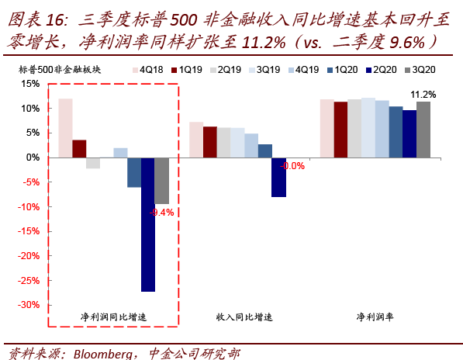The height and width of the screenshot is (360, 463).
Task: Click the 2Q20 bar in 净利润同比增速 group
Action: click(147, 224)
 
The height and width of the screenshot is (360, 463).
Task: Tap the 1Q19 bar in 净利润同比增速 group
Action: click(79, 148)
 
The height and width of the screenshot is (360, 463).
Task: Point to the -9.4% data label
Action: click(161, 212)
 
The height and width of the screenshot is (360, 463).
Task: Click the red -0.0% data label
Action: click(292, 166)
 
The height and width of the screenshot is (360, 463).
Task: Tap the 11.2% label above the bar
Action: click(423, 95)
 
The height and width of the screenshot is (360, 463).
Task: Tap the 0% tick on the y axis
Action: click(32, 157)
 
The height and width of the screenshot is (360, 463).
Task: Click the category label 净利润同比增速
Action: click(113, 317)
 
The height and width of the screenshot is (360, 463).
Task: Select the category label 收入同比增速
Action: click(244, 317)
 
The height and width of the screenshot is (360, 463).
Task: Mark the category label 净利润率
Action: click(375, 317)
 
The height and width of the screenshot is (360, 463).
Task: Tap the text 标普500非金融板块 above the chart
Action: click(64, 69)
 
